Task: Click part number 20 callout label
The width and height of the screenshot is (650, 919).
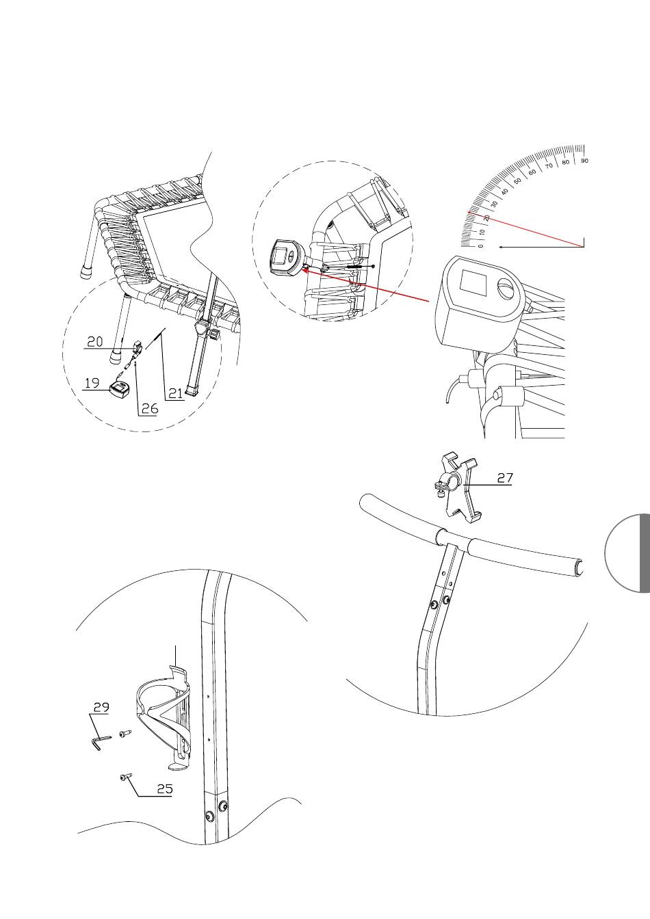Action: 95,342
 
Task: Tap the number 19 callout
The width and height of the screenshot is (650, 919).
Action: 92,383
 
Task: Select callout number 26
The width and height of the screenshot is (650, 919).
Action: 150,408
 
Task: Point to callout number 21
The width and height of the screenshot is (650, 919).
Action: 175,393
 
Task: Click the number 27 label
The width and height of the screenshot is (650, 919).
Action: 505,478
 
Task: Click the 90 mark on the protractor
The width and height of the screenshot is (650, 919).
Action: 585,161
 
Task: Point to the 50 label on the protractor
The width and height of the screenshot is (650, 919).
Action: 518,181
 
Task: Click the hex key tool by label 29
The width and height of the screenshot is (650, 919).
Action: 99,743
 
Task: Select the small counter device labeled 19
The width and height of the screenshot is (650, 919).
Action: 119,389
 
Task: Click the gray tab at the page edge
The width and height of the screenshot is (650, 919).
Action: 645,552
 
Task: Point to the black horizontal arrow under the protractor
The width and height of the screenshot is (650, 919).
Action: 541,247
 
